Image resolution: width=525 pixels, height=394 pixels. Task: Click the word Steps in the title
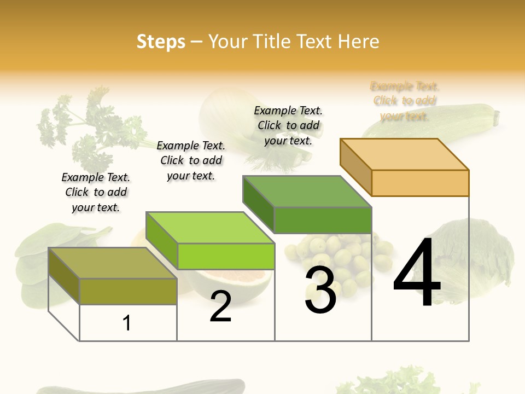161,42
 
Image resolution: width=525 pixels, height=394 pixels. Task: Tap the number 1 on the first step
127,323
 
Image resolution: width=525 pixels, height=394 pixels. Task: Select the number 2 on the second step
220,307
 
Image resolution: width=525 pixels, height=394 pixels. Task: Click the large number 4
417,274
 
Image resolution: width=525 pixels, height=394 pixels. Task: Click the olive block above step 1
112,276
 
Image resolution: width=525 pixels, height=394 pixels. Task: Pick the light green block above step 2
210,241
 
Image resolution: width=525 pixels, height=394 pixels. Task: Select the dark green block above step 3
307,205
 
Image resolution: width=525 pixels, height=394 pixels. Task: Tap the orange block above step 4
405,167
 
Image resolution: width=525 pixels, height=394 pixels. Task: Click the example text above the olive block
96,192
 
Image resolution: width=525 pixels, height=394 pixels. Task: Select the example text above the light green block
191,160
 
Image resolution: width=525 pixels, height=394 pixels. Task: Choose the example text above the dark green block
288,125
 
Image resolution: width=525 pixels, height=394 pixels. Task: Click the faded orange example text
405,101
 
